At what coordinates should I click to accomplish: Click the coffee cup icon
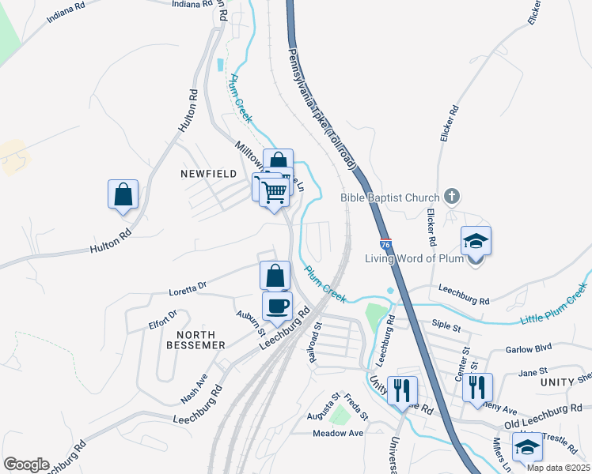(x=277, y=306)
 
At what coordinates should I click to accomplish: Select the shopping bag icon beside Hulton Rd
(x=123, y=194)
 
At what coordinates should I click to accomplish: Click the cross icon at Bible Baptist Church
(x=451, y=196)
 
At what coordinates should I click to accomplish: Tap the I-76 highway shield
(x=385, y=246)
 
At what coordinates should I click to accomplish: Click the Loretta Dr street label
(x=188, y=291)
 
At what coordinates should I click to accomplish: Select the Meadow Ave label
(x=337, y=433)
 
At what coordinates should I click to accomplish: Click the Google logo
(x=26, y=464)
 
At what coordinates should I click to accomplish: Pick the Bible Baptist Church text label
(x=390, y=197)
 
